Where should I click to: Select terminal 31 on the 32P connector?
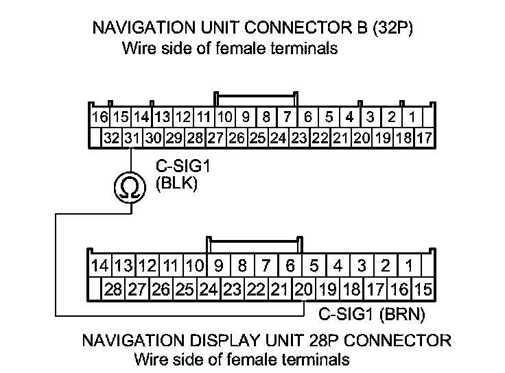click(132, 138)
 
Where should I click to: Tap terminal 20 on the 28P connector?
click(303, 289)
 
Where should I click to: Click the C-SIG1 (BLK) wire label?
click(177, 176)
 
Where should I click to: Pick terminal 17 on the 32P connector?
click(424, 138)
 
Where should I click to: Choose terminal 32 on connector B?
click(111, 138)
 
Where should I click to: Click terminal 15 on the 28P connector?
click(424, 289)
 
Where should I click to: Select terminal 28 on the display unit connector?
click(113, 289)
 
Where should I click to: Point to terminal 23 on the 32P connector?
click(298, 138)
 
